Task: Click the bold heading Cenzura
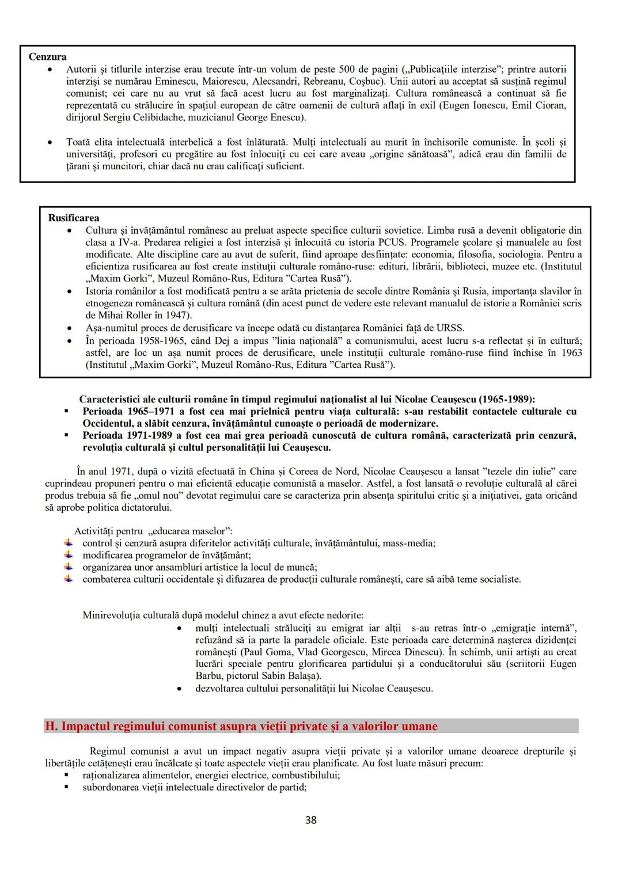(x=47, y=57)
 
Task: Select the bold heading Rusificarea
(x=74, y=218)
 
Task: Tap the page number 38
(x=310, y=820)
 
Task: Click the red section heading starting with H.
(x=241, y=726)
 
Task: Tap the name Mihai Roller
(x=128, y=315)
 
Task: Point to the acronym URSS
(x=451, y=328)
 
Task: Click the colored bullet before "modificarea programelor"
(x=69, y=555)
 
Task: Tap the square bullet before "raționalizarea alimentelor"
(x=67, y=775)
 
